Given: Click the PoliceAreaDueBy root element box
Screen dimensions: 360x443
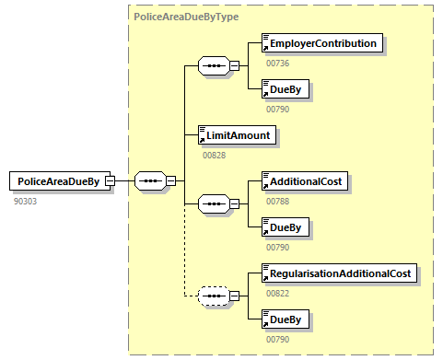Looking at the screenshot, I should [x=59, y=181].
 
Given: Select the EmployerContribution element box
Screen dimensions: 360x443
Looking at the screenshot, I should [x=321, y=43].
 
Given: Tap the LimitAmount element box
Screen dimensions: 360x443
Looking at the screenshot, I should [x=238, y=135].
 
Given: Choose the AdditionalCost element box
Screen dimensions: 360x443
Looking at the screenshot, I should [x=304, y=181].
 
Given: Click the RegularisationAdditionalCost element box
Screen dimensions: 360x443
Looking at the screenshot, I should [x=337, y=273].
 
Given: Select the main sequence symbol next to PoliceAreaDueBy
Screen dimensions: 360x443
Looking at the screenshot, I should [x=149, y=181].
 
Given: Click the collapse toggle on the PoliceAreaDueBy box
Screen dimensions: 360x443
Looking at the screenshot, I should [x=111, y=181].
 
